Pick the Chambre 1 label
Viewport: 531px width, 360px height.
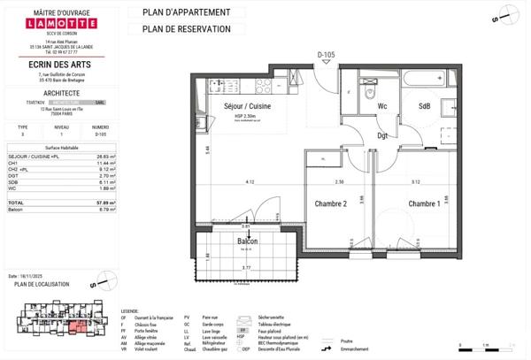tap(425, 204)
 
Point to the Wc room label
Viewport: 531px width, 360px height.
tap(382, 107)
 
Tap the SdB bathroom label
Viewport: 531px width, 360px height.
tap(424, 107)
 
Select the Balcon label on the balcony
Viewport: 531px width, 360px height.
tap(249, 241)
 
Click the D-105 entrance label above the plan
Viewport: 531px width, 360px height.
tap(327, 56)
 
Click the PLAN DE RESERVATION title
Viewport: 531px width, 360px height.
tap(180, 29)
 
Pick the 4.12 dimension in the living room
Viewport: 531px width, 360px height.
tap(250, 182)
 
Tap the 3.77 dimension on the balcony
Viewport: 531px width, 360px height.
tap(249, 268)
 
